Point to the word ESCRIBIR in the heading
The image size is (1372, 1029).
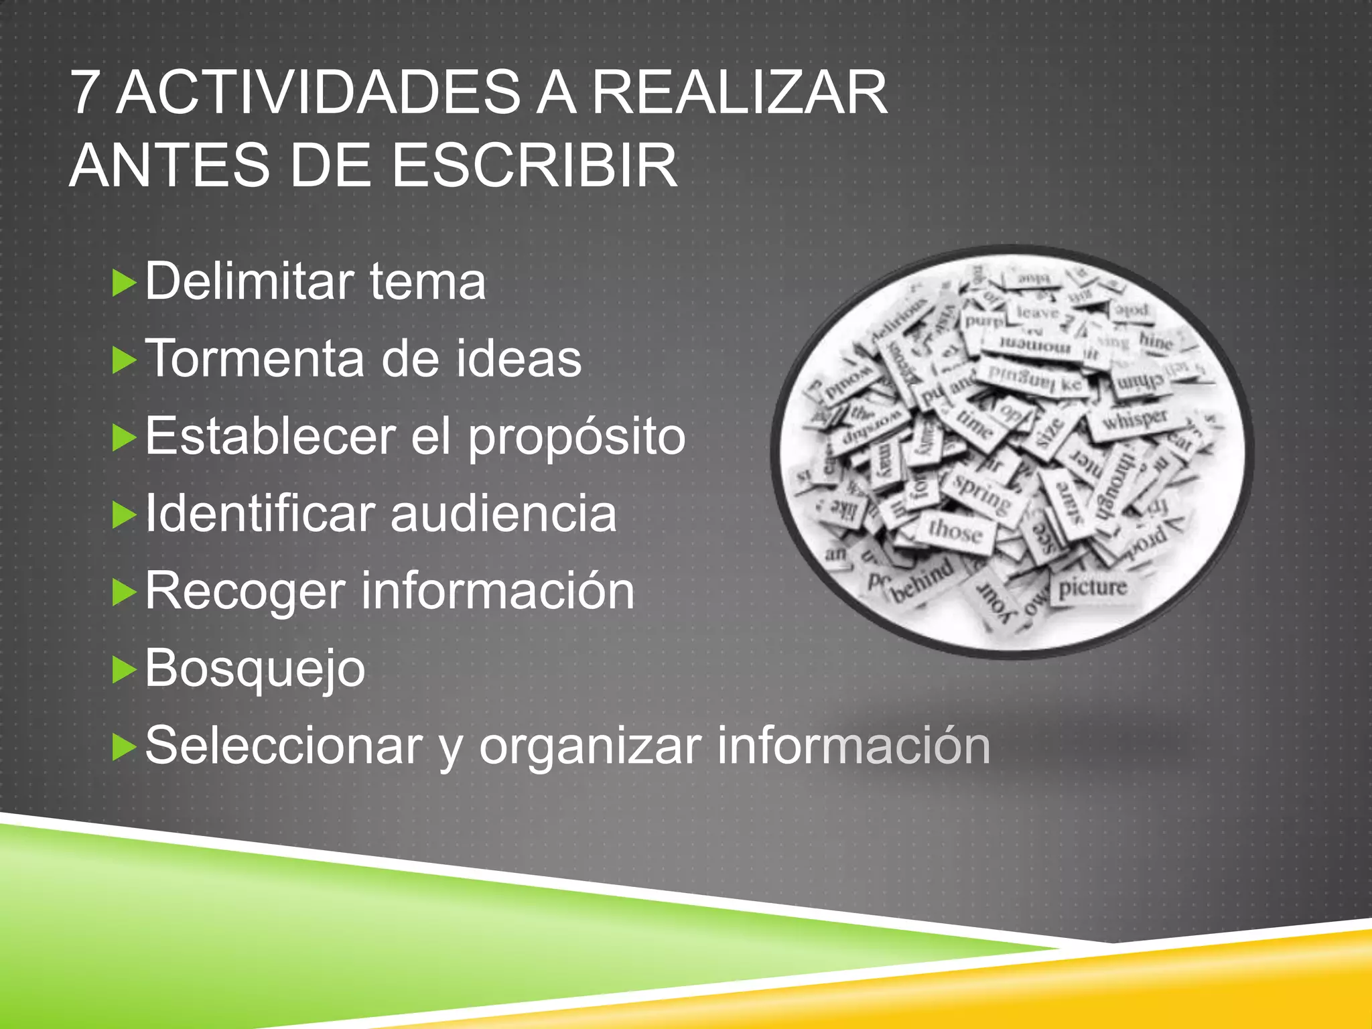tap(534, 165)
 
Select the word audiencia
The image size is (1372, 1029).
tap(503, 514)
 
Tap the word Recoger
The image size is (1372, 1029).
tap(245, 592)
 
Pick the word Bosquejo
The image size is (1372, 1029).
tap(255, 669)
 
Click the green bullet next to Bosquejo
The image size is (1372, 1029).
tap(124, 669)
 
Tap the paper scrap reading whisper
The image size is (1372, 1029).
tap(1135, 420)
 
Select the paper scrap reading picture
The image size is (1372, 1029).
tap(1093, 588)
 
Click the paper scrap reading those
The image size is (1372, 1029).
tap(955, 531)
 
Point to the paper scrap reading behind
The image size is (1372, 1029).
tap(923, 579)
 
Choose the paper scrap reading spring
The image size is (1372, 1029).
tap(982, 494)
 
